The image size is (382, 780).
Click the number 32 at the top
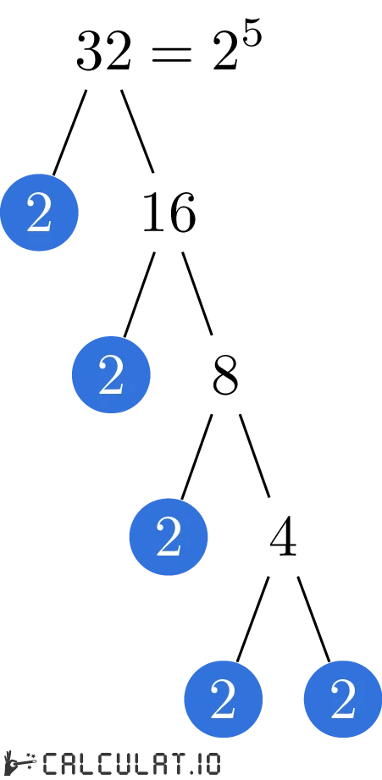pyautogui.click(x=104, y=53)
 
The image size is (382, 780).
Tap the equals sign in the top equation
pyautogui.click(x=173, y=55)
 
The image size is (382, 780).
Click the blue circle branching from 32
pyautogui.click(x=39, y=213)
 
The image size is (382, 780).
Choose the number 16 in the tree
pyautogui.click(x=168, y=213)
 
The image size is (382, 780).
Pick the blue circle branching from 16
pyautogui.click(x=111, y=375)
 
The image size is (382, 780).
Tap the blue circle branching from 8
pyautogui.click(x=168, y=537)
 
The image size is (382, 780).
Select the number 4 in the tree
pyautogui.click(x=283, y=539)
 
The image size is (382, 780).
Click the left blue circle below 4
pyautogui.click(x=223, y=700)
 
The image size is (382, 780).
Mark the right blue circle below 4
pyautogui.click(x=342, y=700)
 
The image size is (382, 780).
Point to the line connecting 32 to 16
pyautogui.click(x=137, y=130)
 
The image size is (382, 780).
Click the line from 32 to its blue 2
pyautogui.click(x=70, y=131)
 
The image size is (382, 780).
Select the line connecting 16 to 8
pyautogui.click(x=197, y=293)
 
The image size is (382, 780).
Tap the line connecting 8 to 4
pyautogui.click(x=254, y=455)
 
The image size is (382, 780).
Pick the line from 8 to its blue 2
pyautogui.click(x=197, y=456)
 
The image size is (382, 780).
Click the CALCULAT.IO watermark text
pyautogui.click(x=131, y=763)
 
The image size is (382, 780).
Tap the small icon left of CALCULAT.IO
pyautogui.click(x=19, y=763)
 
